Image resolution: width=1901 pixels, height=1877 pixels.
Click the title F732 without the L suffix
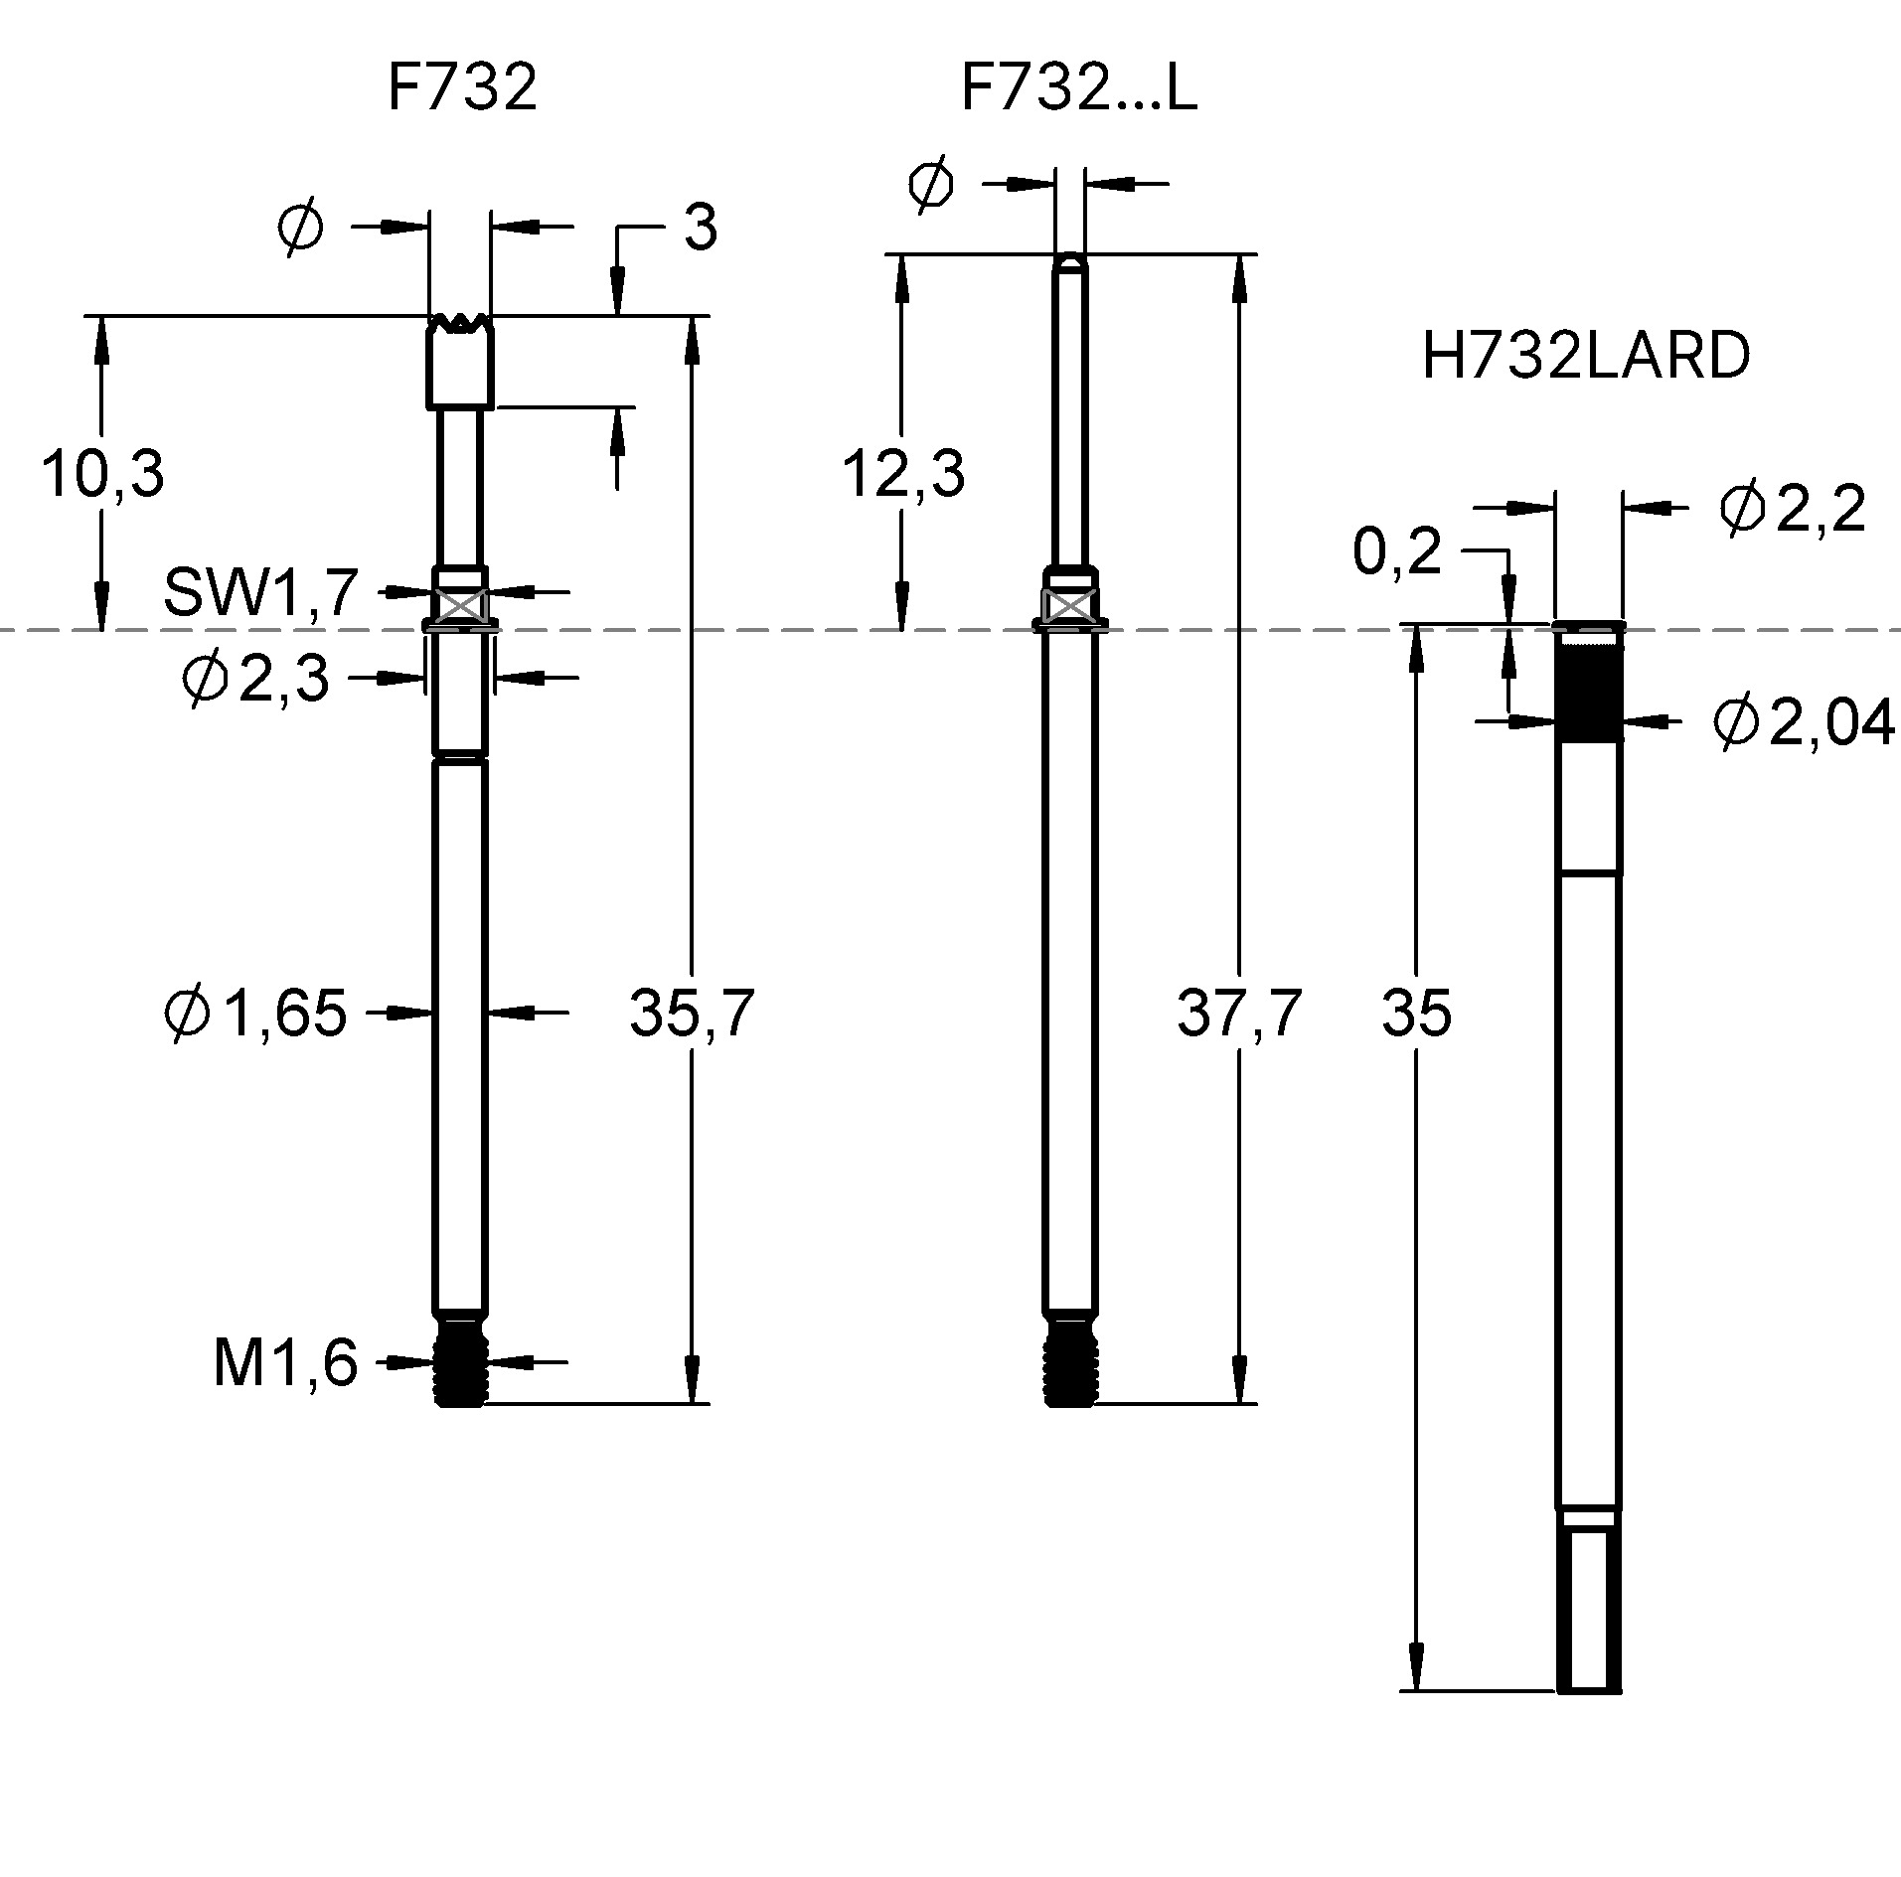point(461,87)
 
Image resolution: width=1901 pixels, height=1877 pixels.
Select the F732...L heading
point(1078,87)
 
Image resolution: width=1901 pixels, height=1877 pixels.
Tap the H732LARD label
point(1585,356)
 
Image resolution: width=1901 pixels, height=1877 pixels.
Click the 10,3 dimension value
point(101,474)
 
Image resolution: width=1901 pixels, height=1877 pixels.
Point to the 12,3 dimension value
point(902,474)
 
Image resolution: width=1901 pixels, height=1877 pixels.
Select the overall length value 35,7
point(692,1014)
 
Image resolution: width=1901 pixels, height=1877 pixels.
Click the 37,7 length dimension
point(1238,1014)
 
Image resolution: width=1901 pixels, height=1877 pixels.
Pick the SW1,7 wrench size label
point(260,592)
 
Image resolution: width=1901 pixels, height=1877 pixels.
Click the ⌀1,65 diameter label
point(255,1014)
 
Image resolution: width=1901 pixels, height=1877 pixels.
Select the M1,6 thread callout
point(285,1362)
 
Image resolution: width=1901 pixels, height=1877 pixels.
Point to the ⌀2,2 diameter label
point(1792,510)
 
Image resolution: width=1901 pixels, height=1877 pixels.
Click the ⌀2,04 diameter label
point(1803,722)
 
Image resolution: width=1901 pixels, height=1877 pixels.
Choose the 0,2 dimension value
point(1396,551)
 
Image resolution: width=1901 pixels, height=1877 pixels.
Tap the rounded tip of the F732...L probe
point(1069,263)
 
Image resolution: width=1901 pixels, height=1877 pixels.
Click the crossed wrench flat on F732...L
point(1069,604)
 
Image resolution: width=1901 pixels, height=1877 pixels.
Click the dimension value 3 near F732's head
point(700,229)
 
